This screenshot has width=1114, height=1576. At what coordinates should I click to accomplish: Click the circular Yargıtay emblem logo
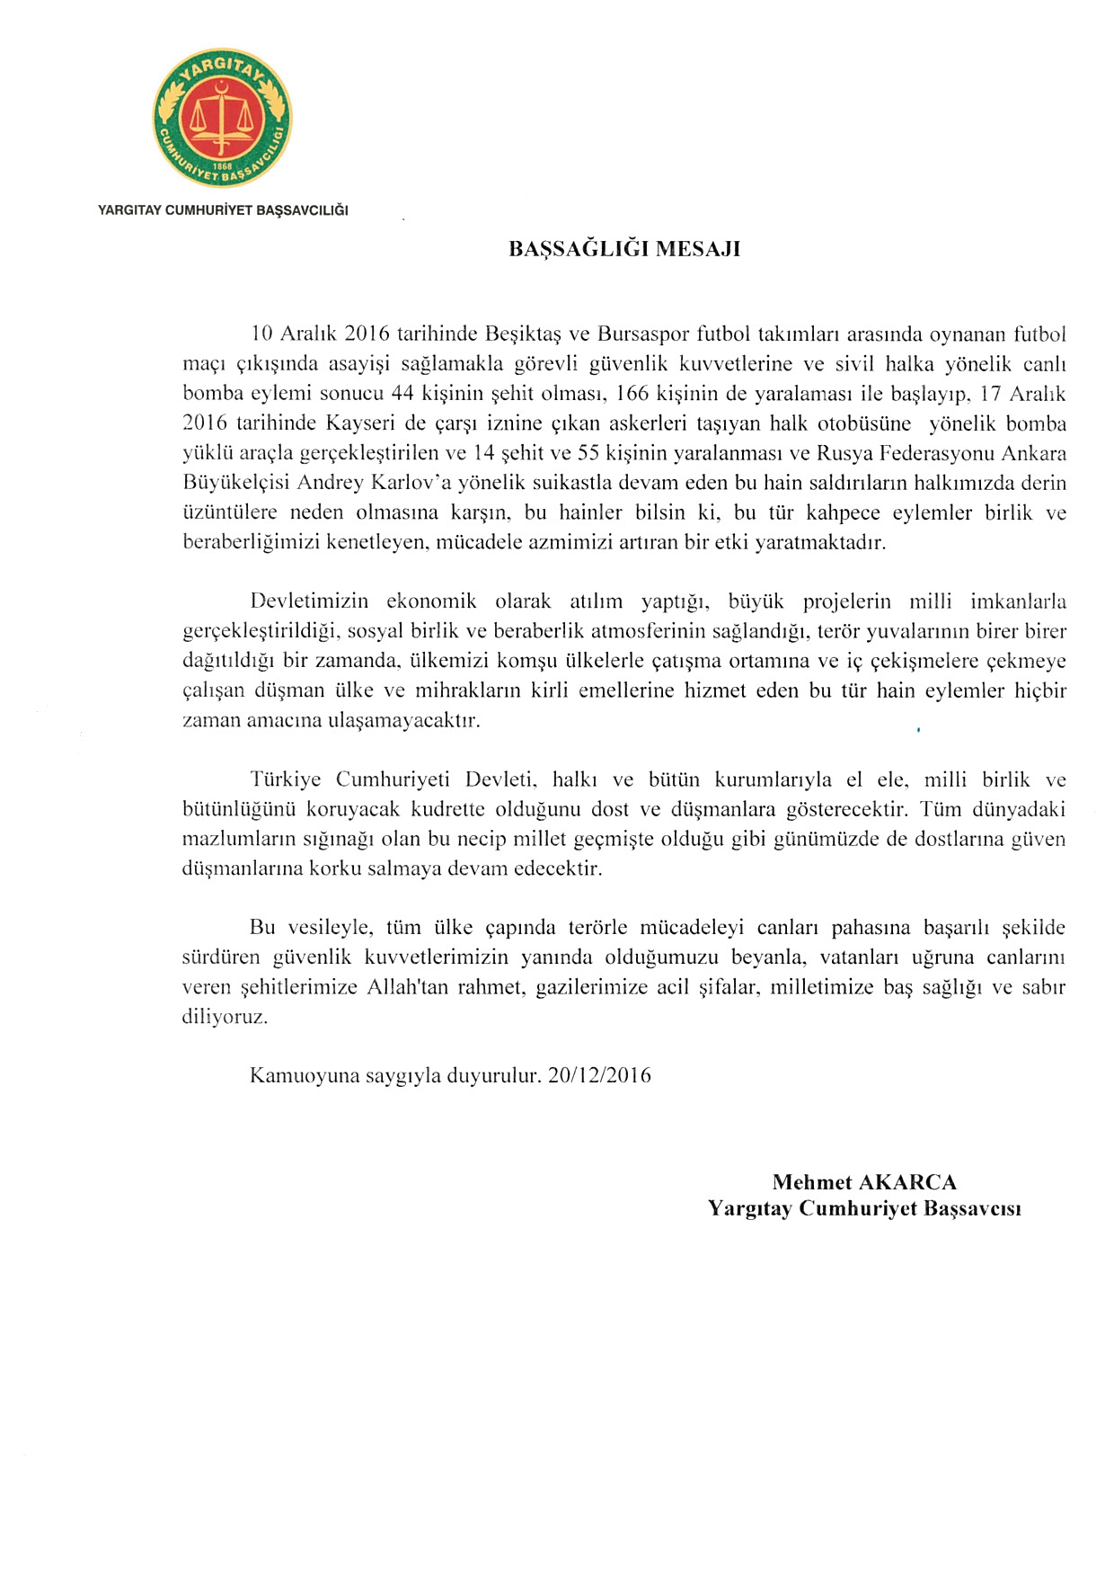click(x=222, y=118)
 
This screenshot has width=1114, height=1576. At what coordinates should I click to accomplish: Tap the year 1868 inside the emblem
click(x=222, y=166)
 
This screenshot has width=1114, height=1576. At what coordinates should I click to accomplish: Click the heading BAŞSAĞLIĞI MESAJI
click(x=624, y=249)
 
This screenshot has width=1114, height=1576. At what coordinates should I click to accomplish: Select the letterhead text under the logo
click(x=223, y=210)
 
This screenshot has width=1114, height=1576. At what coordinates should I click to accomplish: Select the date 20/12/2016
click(x=599, y=1075)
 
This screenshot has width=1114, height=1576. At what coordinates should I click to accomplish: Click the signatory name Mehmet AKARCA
click(x=864, y=1182)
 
